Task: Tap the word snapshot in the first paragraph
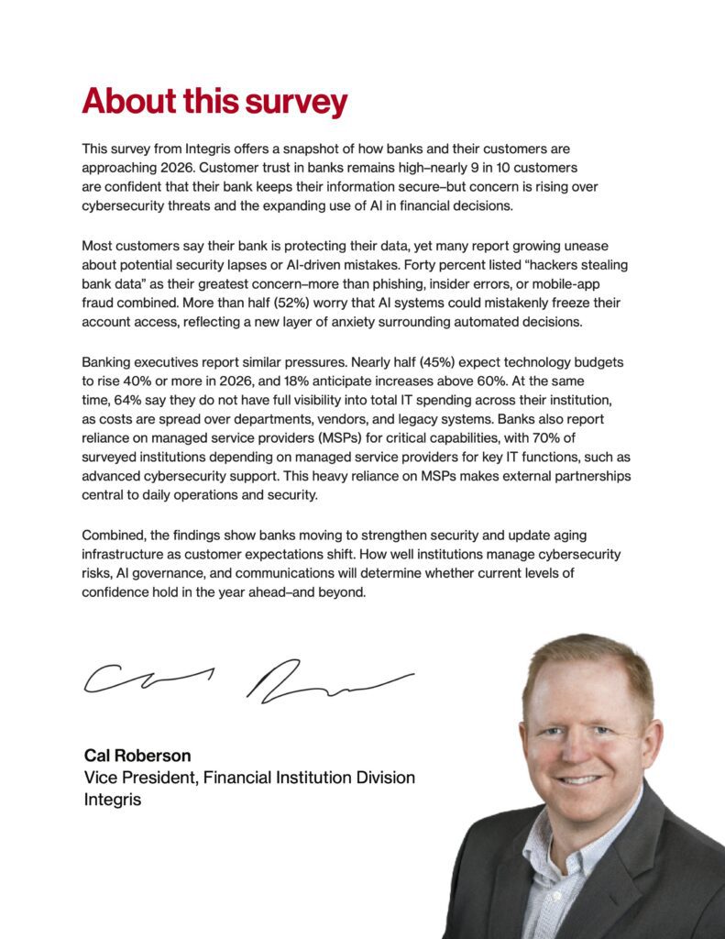(321, 148)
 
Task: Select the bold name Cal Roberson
(137, 756)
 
